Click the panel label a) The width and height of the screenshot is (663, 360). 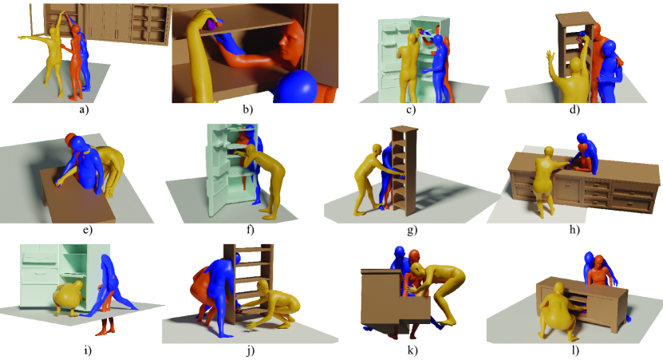point(84,110)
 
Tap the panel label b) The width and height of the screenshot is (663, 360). point(248,110)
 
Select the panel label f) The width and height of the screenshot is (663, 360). point(250,230)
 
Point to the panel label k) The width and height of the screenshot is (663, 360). point(412,350)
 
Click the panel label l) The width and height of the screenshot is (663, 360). point(575,350)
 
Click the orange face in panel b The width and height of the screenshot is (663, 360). point(292,42)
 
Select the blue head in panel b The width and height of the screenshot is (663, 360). point(297,87)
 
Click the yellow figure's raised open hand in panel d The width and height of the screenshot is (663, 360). point(550,58)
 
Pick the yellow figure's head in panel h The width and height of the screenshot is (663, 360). point(549,152)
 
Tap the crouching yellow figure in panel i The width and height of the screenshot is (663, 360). point(69,295)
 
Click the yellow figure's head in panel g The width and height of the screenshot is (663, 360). point(377,150)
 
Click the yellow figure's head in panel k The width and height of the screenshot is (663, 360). point(417,270)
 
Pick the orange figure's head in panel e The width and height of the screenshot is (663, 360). point(71,139)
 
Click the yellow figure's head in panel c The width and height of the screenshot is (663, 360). point(412,39)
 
